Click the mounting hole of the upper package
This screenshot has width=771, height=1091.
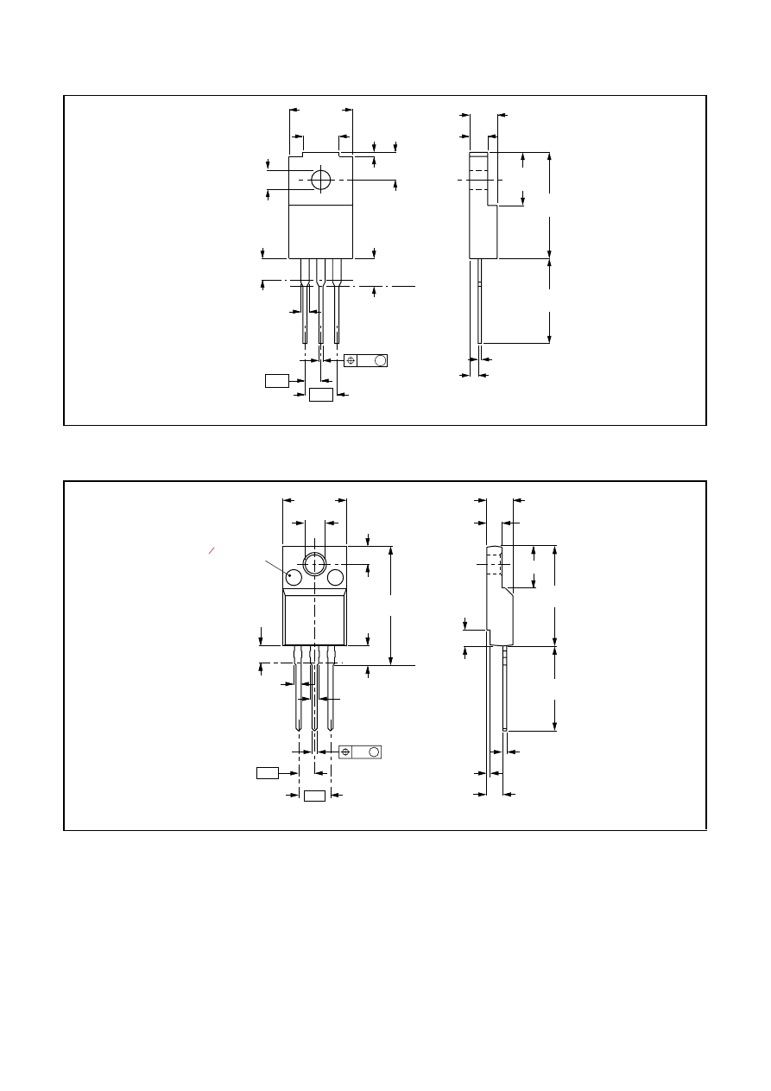(320, 180)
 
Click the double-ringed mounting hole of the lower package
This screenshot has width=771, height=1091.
(314, 565)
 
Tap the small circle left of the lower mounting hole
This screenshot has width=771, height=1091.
(293, 578)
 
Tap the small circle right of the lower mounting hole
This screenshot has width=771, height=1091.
(336, 578)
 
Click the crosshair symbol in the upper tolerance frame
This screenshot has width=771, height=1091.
(351, 360)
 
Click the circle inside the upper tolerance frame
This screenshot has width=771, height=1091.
(380, 360)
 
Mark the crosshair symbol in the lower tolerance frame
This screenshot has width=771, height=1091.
(345, 752)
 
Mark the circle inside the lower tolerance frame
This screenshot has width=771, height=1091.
(374, 752)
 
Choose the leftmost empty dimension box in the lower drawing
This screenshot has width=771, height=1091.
(267, 772)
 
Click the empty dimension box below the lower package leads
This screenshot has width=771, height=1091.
(315, 795)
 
